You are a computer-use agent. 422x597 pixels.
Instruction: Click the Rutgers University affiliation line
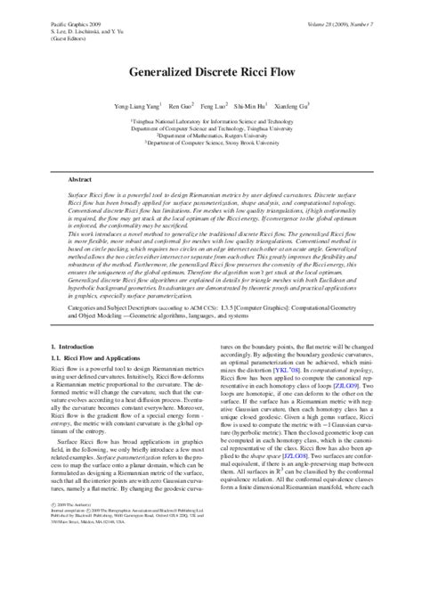pyautogui.click(x=211, y=135)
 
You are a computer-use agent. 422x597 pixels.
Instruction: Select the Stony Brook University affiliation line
pyautogui.click(x=211, y=143)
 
